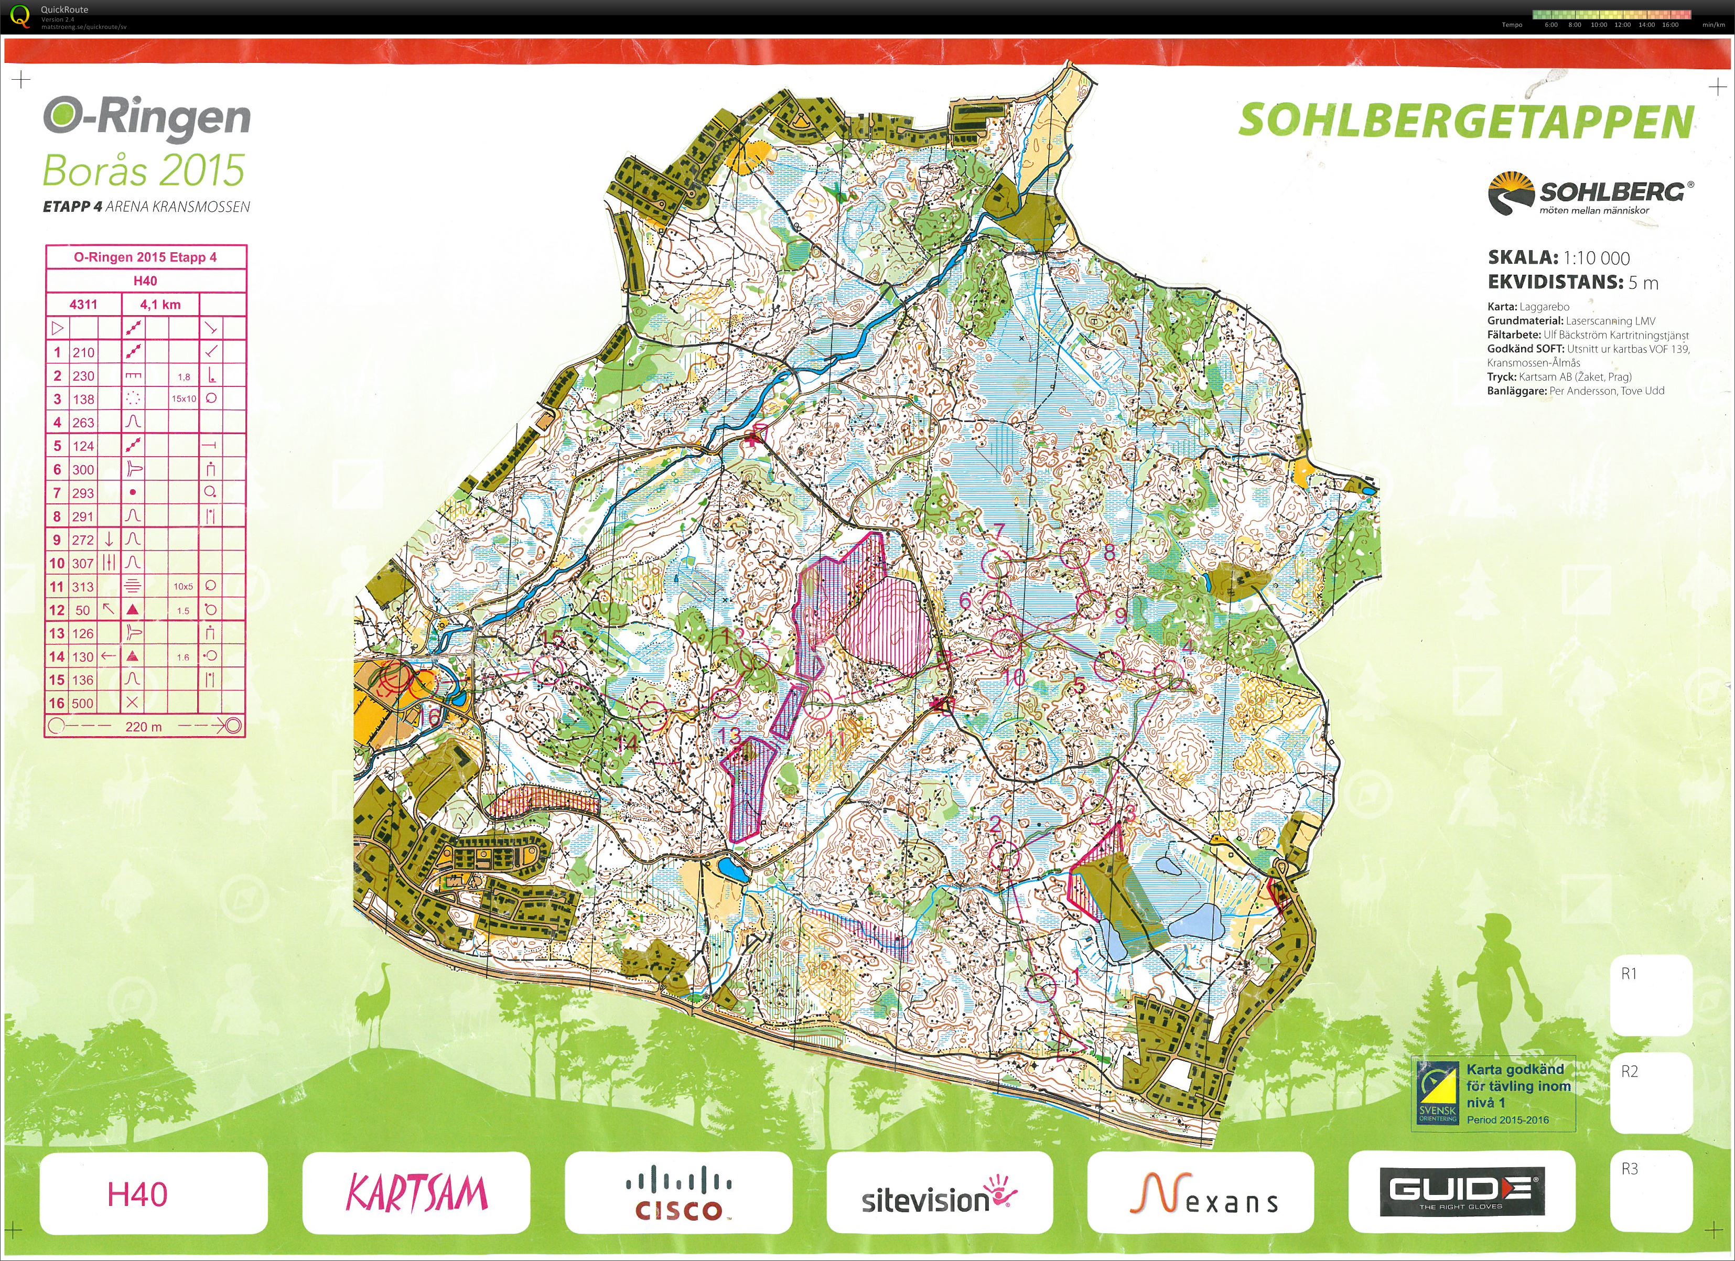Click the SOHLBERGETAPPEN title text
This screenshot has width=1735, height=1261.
(x=1465, y=122)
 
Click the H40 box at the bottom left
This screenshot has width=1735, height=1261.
(x=138, y=1194)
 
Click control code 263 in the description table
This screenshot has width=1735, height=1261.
(x=83, y=423)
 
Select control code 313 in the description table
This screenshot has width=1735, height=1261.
(x=83, y=587)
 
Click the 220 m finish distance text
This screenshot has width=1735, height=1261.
(x=144, y=726)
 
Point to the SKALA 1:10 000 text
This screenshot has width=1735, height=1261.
(x=1558, y=258)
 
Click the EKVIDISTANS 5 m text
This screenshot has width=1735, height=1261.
(x=1573, y=282)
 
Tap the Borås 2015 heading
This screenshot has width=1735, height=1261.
(x=143, y=170)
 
